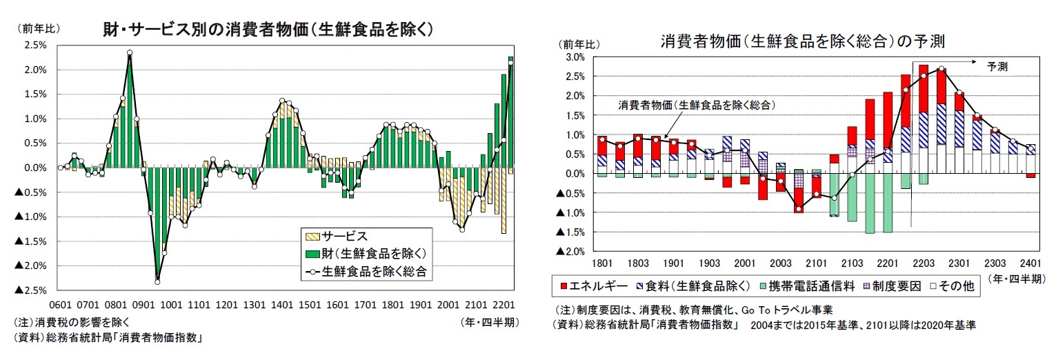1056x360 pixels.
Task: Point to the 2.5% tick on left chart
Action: pyautogui.click(x=35, y=46)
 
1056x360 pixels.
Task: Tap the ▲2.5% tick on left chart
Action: pyautogui.click(x=31, y=290)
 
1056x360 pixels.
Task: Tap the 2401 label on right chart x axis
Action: pyautogui.click(x=1030, y=264)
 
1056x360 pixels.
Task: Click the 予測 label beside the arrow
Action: pyautogui.click(x=997, y=68)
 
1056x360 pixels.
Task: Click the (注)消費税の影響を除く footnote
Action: pyautogui.click(x=72, y=322)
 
